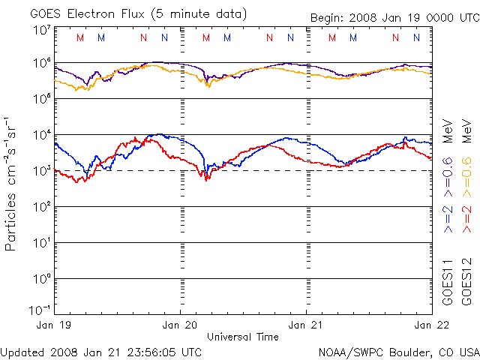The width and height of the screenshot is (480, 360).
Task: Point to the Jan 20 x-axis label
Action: tap(181, 325)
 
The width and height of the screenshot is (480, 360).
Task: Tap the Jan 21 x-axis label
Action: tap(306, 325)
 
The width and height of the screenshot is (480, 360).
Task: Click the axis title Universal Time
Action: tap(242, 337)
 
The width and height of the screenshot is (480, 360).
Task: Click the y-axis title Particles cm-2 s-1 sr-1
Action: tap(13, 184)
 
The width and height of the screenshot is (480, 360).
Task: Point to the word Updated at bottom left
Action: tap(22, 351)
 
